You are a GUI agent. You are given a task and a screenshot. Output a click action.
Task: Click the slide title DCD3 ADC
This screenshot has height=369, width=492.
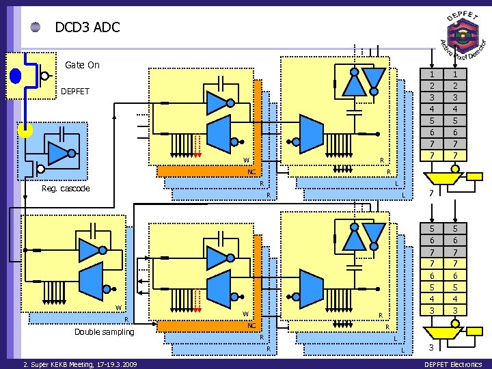(87, 27)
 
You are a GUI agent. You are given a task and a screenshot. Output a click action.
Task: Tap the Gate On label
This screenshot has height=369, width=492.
(82, 65)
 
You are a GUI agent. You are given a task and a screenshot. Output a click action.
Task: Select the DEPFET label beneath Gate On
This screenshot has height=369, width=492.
(75, 91)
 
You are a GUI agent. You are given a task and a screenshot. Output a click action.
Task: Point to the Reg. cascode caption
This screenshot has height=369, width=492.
(65, 189)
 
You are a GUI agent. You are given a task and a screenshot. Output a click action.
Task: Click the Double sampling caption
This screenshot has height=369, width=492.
(105, 332)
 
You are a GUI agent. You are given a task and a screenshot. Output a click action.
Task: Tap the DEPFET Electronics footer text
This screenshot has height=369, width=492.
(453, 364)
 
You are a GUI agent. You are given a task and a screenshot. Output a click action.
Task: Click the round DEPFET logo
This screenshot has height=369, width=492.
(463, 35)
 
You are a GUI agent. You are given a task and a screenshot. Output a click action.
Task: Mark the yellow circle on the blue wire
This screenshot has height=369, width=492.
(25, 130)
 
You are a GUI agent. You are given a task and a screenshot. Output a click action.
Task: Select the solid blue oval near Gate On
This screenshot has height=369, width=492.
(16, 75)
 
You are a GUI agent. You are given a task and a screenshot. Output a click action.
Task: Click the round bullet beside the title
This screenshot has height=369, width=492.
(36, 27)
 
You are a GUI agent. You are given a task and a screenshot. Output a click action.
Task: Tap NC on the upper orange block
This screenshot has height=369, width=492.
(251, 172)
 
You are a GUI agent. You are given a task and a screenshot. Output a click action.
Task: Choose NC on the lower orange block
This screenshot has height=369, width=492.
(251, 326)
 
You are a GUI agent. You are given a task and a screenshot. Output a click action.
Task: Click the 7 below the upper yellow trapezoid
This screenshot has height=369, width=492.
(430, 195)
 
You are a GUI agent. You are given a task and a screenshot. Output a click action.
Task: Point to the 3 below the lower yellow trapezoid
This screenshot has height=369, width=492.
(430, 348)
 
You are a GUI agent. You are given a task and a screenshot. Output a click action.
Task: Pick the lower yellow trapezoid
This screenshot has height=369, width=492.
(440, 331)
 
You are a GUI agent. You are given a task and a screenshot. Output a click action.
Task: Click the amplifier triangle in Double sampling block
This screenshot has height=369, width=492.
(88, 250)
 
